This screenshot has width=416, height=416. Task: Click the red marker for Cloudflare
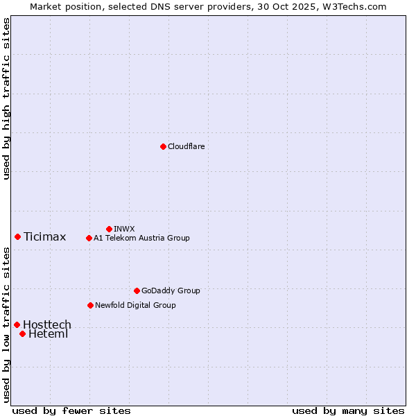tap(163, 146)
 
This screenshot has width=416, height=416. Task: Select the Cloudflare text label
tap(186, 146)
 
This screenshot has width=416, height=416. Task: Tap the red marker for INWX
tap(109, 229)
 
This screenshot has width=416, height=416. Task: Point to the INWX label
tap(124, 229)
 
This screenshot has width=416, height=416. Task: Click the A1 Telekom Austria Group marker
tap(89, 238)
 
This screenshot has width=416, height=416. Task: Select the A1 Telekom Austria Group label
tap(141, 238)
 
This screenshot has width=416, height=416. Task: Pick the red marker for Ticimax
tap(17, 236)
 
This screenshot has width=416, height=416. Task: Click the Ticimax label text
tap(44, 237)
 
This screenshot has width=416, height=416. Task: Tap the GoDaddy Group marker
tap(137, 291)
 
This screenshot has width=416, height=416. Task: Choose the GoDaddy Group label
tap(171, 291)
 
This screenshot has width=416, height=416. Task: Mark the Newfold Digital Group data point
tap(90, 305)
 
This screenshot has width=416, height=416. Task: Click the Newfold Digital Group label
tap(135, 305)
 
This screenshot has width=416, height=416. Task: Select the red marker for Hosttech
tap(17, 324)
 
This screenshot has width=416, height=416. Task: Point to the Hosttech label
tap(47, 325)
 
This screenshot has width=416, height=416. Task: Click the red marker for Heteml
tap(22, 333)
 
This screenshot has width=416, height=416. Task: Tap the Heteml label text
tap(48, 334)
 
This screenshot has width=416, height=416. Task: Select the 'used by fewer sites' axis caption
tap(71, 410)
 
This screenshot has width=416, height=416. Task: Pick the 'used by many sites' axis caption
tap(348, 410)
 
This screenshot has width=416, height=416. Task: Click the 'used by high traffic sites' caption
tap(6, 98)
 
